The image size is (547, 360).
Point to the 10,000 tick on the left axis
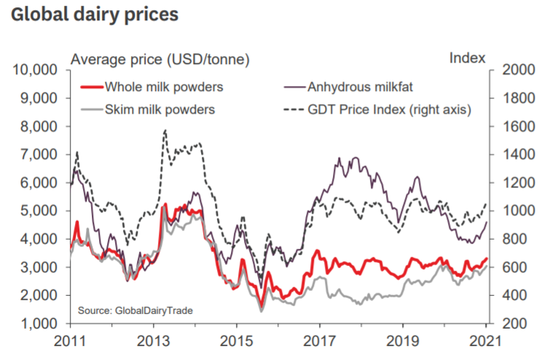pyautogui.click(x=34, y=70)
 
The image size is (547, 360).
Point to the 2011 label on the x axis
pyautogui.click(x=71, y=343)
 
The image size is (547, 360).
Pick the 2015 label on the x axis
pyautogui.click(x=237, y=343)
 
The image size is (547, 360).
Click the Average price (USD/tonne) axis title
pyautogui.click(x=159, y=58)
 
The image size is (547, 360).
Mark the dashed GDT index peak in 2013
pyautogui.click(x=165, y=130)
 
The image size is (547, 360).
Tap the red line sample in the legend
pyautogui.click(x=90, y=88)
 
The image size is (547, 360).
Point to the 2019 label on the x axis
pyautogui.click(x=405, y=343)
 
